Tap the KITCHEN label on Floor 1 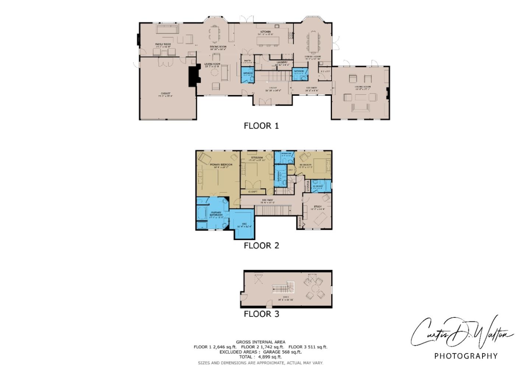pos(265,32)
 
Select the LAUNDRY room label pos(282,62)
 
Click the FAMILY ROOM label pos(163,44)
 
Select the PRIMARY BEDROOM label pos(221,165)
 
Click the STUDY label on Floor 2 pos(318,207)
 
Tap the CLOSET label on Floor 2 pos(253,192)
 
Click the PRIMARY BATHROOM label pos(216,214)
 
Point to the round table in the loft pos(314,288)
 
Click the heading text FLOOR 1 pos(261,126)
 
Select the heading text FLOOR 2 pos(261,246)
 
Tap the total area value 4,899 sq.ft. pos(270,357)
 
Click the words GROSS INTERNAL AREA pos(261,342)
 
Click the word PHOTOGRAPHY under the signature pos(466,356)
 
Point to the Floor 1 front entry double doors pos(267,102)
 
